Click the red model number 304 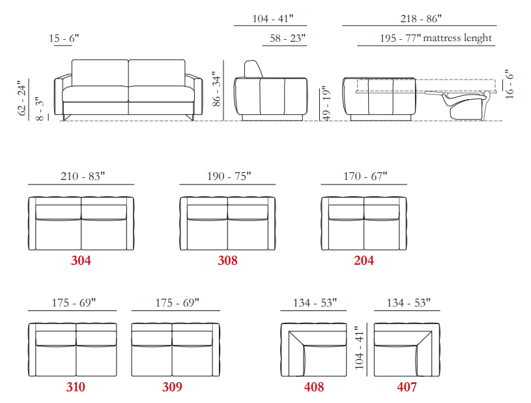(x=81, y=260)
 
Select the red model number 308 (x=227, y=260)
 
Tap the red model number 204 (x=364, y=260)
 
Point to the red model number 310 (x=76, y=387)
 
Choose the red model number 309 (x=172, y=387)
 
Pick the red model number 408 (x=314, y=387)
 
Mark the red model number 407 (x=407, y=387)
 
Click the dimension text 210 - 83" (x=83, y=176)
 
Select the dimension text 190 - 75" (x=229, y=176)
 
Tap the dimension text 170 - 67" (x=365, y=176)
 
